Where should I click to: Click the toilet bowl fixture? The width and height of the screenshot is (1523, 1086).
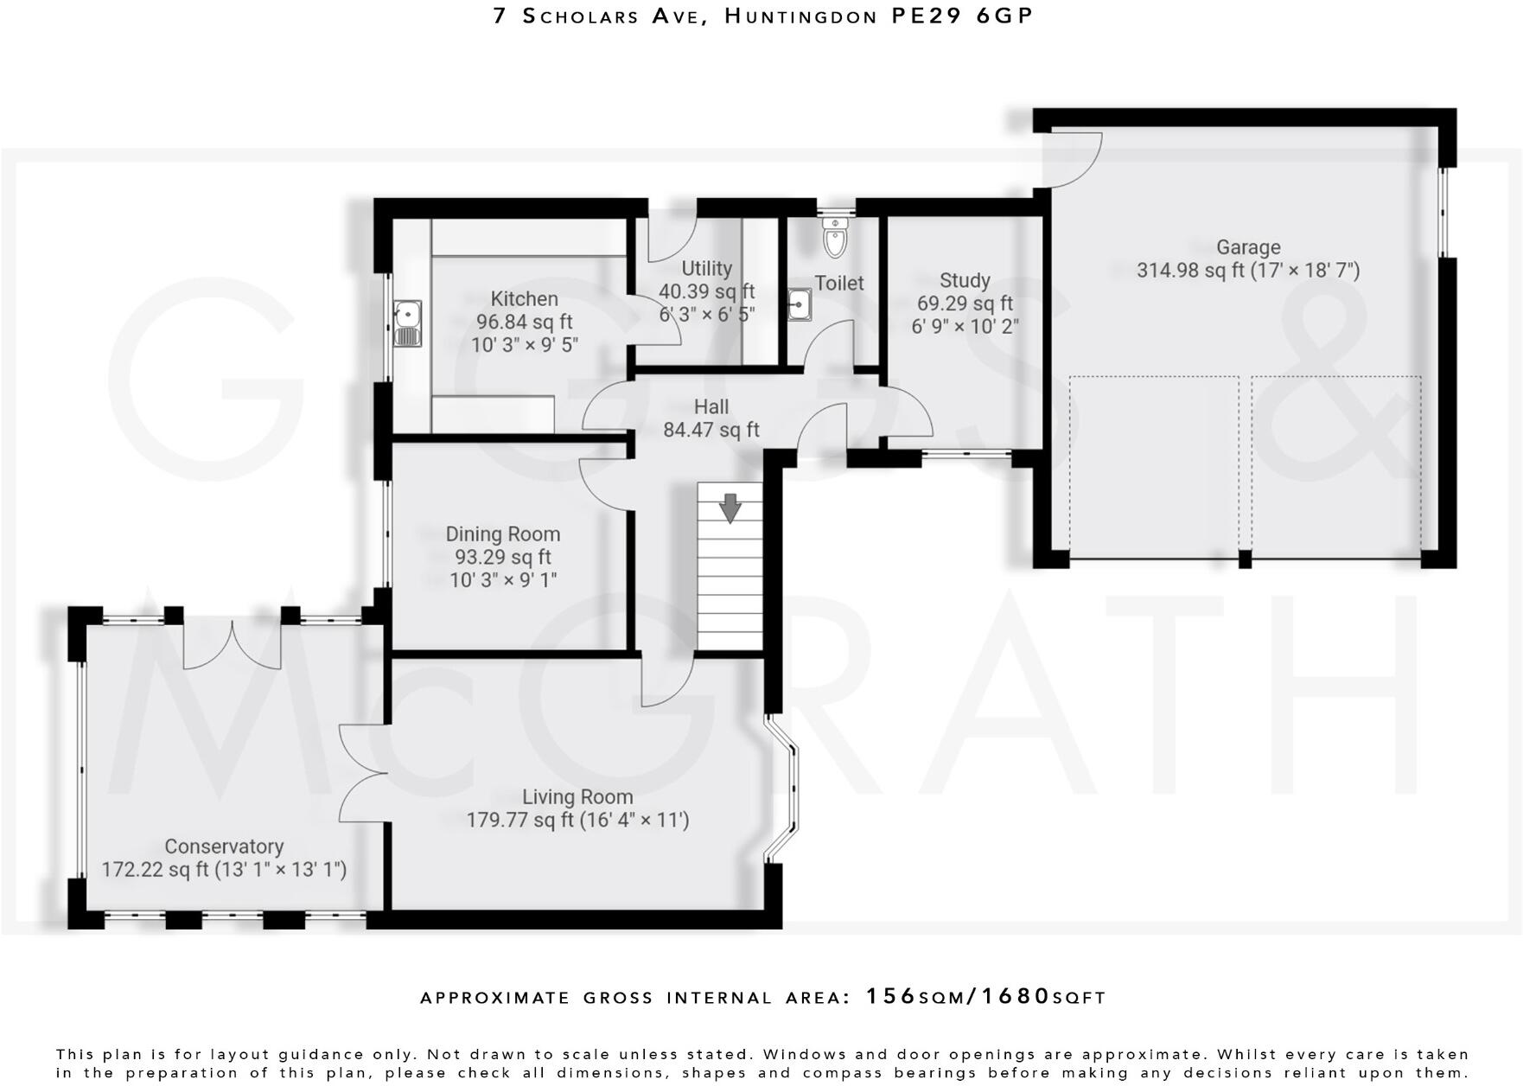coord(834,238)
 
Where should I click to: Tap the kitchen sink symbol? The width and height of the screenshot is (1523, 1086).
coord(407,323)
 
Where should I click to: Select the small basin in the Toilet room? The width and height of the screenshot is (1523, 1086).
coord(800,305)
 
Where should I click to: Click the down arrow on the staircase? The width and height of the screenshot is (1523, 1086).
coord(730,508)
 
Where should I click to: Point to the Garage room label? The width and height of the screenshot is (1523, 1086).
coord(1248,248)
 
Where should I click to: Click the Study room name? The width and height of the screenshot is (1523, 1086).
coord(965,281)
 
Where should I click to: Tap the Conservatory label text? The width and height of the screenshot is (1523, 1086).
coord(224,846)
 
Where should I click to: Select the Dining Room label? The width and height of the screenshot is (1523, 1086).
coord(503,534)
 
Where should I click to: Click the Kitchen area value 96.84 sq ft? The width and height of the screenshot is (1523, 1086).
coord(524,322)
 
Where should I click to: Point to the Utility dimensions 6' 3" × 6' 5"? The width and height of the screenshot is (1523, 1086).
coord(707,315)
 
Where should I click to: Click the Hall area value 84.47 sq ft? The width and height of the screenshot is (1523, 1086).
coord(711,430)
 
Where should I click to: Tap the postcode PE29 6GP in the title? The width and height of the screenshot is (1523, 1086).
coord(962,16)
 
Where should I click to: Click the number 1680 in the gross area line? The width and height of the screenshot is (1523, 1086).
coord(1020,996)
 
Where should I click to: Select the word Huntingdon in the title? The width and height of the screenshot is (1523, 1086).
coord(800,16)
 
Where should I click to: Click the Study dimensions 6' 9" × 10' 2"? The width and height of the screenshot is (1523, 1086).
coord(965,327)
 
